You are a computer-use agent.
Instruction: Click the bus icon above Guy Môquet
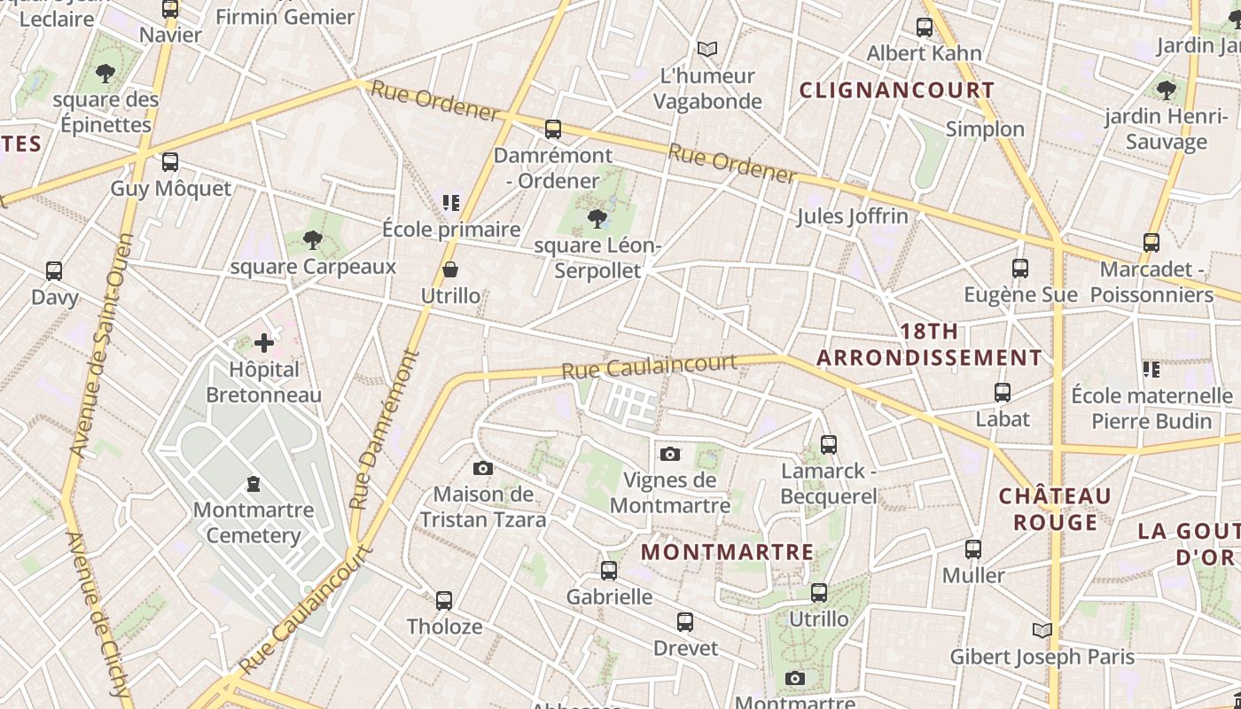click(x=169, y=162)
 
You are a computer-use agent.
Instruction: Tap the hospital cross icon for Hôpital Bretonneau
click(x=263, y=343)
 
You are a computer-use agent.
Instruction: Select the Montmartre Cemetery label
click(x=254, y=523)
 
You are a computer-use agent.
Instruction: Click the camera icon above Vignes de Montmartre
click(x=670, y=454)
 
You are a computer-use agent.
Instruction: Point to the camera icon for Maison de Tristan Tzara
click(x=483, y=468)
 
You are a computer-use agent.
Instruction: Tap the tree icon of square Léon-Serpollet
click(x=597, y=218)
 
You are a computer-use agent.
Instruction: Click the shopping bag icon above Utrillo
click(x=450, y=269)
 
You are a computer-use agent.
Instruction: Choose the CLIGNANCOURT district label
click(x=897, y=90)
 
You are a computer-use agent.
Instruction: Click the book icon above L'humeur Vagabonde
click(x=706, y=49)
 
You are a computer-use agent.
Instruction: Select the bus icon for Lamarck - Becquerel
click(x=828, y=444)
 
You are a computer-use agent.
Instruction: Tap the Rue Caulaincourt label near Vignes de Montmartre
click(x=649, y=366)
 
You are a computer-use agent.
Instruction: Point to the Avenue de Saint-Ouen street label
click(x=100, y=346)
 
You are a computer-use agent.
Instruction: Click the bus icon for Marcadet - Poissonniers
click(x=1151, y=242)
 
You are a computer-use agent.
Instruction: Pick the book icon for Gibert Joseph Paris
click(x=1042, y=630)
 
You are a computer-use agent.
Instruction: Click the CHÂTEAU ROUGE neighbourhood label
click(x=1055, y=509)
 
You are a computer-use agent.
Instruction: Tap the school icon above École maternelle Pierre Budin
click(x=1151, y=369)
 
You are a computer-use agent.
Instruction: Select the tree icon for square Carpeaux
click(x=312, y=239)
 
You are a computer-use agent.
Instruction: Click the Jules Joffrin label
click(x=852, y=216)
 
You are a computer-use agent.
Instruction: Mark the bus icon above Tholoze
click(x=444, y=600)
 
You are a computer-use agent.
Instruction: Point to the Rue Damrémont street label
click(x=384, y=430)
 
